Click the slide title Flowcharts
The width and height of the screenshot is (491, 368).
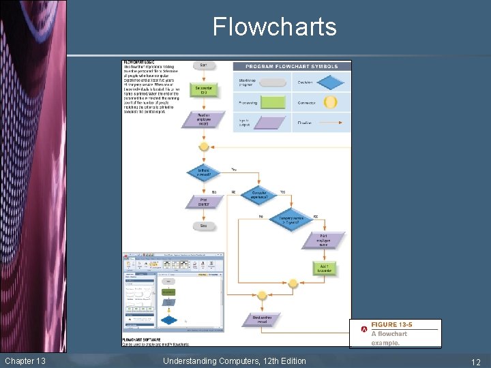[x=274, y=27]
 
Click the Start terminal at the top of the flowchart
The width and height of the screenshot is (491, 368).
[x=203, y=65]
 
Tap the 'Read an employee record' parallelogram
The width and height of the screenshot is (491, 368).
[x=203, y=119]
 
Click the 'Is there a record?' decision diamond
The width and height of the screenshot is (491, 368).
[x=203, y=172]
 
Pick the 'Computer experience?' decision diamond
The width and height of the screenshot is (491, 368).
[x=259, y=195]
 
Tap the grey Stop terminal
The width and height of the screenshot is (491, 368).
[x=203, y=226]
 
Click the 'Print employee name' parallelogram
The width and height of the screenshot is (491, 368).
[x=323, y=240]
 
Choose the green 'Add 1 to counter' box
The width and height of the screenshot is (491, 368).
[x=323, y=268]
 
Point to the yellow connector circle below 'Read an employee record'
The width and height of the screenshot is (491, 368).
[x=203, y=146]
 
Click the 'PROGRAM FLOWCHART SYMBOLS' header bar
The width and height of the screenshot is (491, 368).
[x=292, y=66]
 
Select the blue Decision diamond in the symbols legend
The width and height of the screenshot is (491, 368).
[x=331, y=82]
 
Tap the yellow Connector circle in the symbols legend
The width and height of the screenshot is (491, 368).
[x=331, y=102]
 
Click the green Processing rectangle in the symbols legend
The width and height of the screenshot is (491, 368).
[x=273, y=102]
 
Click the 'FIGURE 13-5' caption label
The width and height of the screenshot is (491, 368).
[x=391, y=324]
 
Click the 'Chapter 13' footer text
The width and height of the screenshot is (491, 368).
[x=25, y=361]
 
